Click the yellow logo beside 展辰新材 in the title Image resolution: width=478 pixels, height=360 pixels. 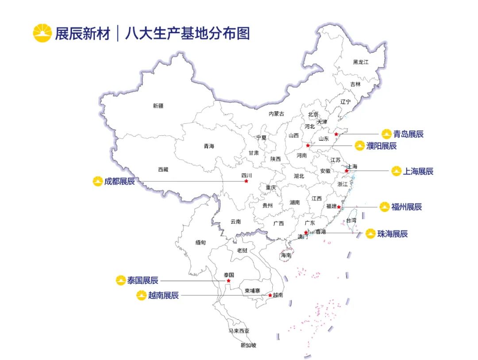[42, 33]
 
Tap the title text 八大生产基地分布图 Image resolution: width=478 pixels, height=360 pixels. [187, 34]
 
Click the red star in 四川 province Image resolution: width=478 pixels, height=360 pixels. [246, 181]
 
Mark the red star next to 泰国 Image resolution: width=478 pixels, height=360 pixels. [228, 281]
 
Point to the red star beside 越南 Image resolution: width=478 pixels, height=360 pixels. [270, 295]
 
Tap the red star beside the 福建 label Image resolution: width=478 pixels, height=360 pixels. [339, 207]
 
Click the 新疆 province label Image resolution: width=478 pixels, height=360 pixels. [158, 106]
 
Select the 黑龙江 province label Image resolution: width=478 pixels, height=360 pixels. [361, 62]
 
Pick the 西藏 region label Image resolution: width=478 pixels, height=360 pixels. [163, 169]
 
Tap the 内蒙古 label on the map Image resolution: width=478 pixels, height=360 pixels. [277, 114]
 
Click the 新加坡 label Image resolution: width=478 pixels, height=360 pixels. [248, 345]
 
